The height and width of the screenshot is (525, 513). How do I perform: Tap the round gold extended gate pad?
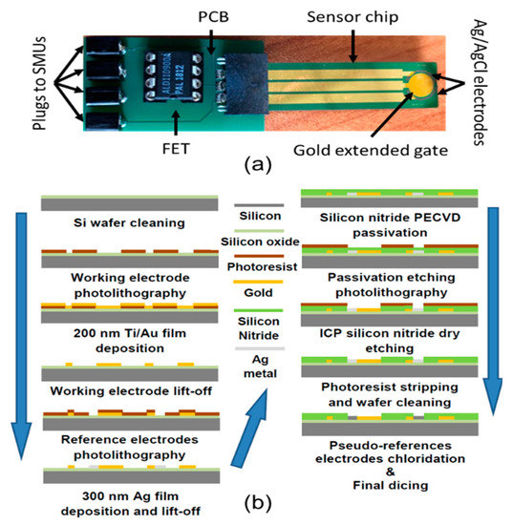tap(424, 84)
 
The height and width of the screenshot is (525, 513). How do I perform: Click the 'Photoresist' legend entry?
tap(258, 270)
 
